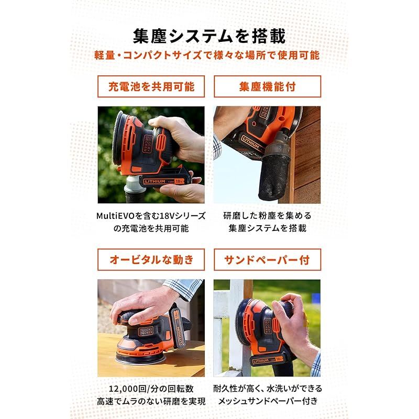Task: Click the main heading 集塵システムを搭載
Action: [x=209, y=36]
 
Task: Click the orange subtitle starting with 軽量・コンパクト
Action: [x=207, y=56]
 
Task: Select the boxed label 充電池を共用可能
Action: [x=151, y=86]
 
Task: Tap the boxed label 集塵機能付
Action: [x=267, y=86]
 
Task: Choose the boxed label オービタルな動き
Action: [x=151, y=259]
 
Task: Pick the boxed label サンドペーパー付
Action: [x=267, y=259]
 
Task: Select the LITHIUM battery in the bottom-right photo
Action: [x=267, y=360]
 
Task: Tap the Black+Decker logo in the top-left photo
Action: [x=147, y=144]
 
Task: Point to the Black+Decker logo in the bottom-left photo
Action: [x=146, y=331]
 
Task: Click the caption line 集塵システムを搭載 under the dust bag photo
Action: [x=267, y=228]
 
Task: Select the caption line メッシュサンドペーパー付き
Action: [x=268, y=401]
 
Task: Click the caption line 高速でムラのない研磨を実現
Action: [x=151, y=401]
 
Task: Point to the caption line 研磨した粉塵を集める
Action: [x=267, y=216]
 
